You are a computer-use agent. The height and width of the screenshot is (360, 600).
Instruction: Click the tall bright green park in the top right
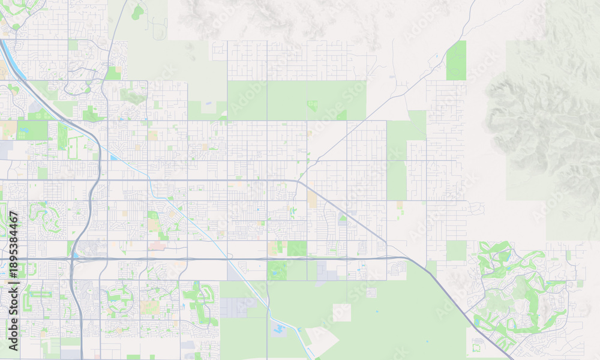click(x=456, y=61)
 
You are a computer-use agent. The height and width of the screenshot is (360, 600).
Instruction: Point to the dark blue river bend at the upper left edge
click(x=13, y=63)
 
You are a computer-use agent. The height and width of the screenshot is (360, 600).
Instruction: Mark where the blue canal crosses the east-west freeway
click(x=229, y=259)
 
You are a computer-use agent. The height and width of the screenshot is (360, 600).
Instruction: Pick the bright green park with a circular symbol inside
click(x=312, y=106)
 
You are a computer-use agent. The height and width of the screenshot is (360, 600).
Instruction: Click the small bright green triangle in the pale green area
click(x=342, y=114)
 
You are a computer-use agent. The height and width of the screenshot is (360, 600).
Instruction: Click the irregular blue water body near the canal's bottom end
click(x=280, y=328)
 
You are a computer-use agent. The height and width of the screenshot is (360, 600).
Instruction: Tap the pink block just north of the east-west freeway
click(x=158, y=245)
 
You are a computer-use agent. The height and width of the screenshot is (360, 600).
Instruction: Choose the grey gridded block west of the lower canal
click(x=233, y=307)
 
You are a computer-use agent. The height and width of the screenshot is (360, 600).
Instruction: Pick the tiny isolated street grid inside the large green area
click(x=371, y=293)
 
